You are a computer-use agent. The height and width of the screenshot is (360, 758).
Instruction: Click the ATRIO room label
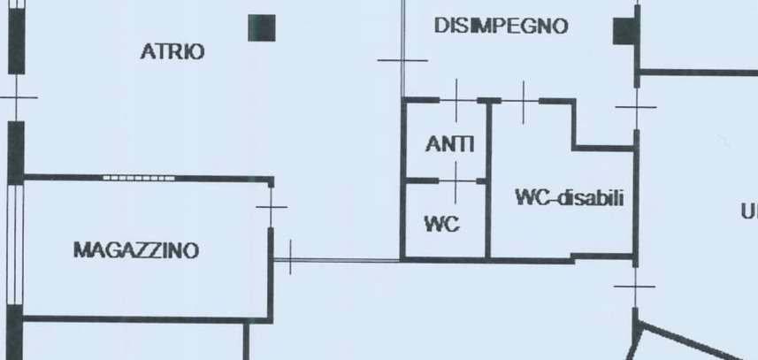[172, 52]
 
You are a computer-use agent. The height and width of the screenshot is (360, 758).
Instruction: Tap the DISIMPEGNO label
[501, 27]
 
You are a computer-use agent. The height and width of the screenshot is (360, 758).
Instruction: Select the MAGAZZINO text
[135, 250]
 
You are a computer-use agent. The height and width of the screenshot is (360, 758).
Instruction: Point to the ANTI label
[449, 143]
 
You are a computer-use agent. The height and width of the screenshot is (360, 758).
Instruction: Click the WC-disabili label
[569, 198]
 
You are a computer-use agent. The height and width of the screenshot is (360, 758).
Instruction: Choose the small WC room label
[442, 225]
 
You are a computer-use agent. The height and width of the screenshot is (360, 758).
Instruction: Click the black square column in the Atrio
[261, 27]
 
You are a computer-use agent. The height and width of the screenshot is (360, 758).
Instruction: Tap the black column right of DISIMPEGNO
[625, 31]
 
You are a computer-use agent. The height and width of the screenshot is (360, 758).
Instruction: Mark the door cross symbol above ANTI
[456, 100]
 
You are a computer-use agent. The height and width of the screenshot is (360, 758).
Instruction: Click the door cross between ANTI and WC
[456, 180]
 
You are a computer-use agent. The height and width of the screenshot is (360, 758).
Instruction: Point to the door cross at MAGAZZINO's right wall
[272, 208]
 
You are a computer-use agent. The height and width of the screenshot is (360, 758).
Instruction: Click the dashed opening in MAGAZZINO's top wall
[139, 178]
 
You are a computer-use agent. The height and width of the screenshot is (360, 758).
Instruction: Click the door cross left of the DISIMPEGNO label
[402, 60]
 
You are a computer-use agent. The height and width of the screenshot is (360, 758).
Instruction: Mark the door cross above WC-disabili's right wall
[636, 107]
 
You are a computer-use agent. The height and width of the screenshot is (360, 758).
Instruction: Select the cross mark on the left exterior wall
[16, 98]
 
